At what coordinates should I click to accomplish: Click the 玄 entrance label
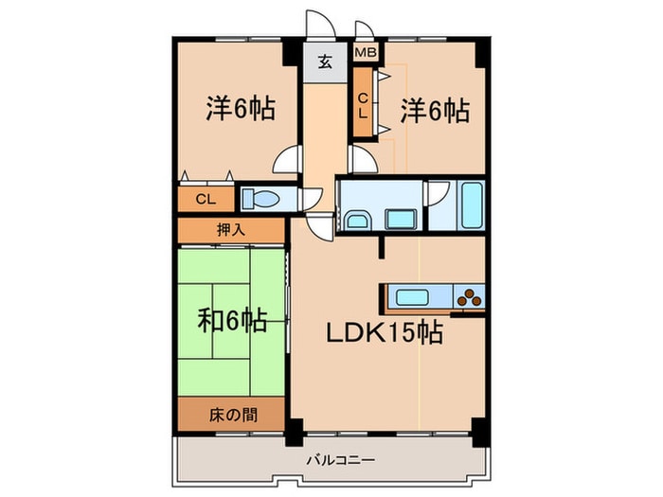point(324,62)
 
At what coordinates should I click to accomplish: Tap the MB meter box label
point(365,54)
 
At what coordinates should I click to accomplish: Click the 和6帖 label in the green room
point(231,322)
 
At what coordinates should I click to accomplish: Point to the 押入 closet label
point(230,229)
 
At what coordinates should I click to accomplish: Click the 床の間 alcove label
point(230,413)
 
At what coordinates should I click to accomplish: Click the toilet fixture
point(261,199)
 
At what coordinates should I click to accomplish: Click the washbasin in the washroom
point(358,221)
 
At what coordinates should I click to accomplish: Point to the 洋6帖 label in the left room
point(241,109)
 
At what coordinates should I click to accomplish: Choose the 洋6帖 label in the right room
point(435,111)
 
